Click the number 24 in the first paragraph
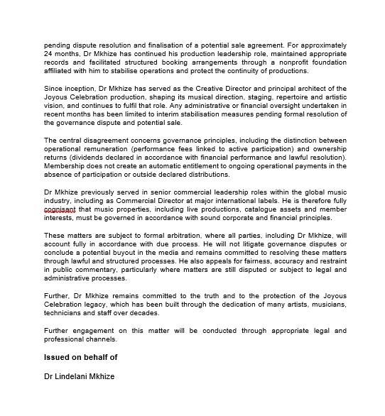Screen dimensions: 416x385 pyautogui.click(x=49, y=54)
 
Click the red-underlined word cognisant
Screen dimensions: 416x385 pyautogui.click(x=60, y=209)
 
